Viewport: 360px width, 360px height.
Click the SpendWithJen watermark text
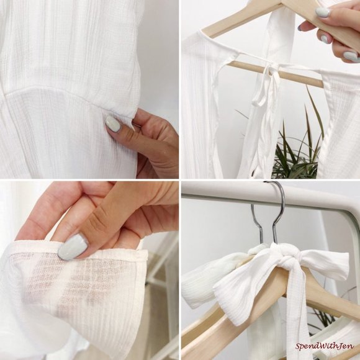pos(325,346)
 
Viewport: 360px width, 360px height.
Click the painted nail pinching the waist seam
pos(113,124)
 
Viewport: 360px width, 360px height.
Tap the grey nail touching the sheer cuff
pos(73,247)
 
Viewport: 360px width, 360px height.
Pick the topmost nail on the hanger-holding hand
pos(323,12)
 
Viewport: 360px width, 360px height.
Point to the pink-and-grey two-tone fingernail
pos(326,38)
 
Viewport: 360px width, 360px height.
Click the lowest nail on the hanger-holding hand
pos(351,56)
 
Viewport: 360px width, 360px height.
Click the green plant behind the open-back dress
pos(296,147)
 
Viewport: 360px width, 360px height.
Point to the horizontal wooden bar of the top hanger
pos(275,73)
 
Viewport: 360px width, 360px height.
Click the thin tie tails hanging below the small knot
pos(264,92)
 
